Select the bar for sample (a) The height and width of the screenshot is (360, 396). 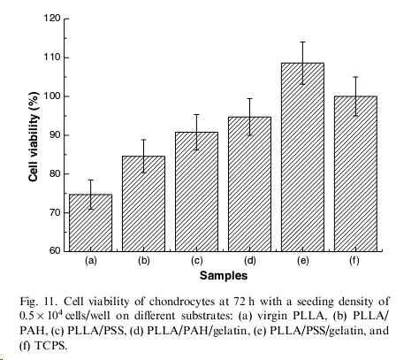(x=90, y=223)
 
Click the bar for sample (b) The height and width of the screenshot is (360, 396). (x=143, y=203)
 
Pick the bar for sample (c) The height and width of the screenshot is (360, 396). (x=196, y=192)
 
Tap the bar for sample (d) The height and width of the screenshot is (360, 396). (x=249, y=184)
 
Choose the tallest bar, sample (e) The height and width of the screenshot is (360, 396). (x=302, y=157)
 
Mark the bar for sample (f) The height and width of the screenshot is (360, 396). (x=355, y=174)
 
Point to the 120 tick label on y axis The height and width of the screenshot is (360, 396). (x=52, y=19)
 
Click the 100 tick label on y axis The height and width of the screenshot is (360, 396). (x=52, y=96)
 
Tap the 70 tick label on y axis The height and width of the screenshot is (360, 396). (x=55, y=212)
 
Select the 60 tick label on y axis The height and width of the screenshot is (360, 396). (x=55, y=251)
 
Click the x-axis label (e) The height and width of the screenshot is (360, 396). (x=303, y=261)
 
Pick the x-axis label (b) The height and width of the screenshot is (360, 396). (x=144, y=261)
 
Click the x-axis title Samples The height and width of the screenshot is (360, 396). (x=224, y=276)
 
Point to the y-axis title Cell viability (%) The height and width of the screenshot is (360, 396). (x=34, y=136)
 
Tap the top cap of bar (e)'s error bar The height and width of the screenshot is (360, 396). (x=302, y=42)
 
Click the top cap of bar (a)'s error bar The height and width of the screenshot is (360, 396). (x=90, y=180)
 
